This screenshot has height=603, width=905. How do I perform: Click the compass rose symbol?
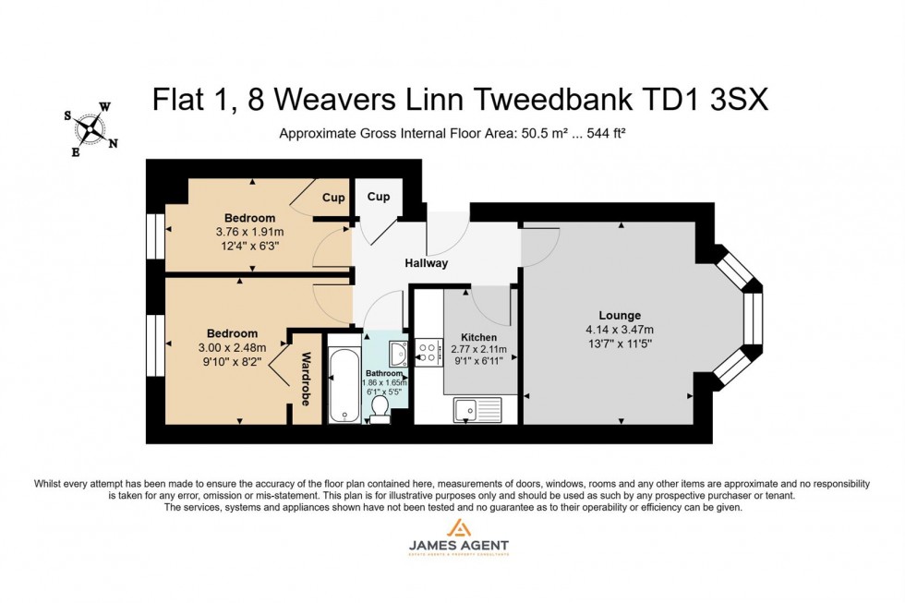tap(90, 129)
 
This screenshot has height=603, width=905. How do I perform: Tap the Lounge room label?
tap(619, 315)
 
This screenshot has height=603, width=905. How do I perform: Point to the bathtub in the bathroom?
tap(343, 385)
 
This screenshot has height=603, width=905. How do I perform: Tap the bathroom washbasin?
tap(398, 354)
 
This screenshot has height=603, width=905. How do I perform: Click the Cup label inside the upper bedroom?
tap(333, 198)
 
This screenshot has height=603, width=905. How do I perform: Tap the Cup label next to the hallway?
tap(379, 197)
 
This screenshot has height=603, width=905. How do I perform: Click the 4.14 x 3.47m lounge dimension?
tap(619, 330)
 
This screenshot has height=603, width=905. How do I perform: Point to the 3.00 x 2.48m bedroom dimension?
tap(232, 347)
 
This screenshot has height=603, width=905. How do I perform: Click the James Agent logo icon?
tap(458, 527)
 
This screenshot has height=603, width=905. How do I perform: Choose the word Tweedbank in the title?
tap(549, 100)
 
